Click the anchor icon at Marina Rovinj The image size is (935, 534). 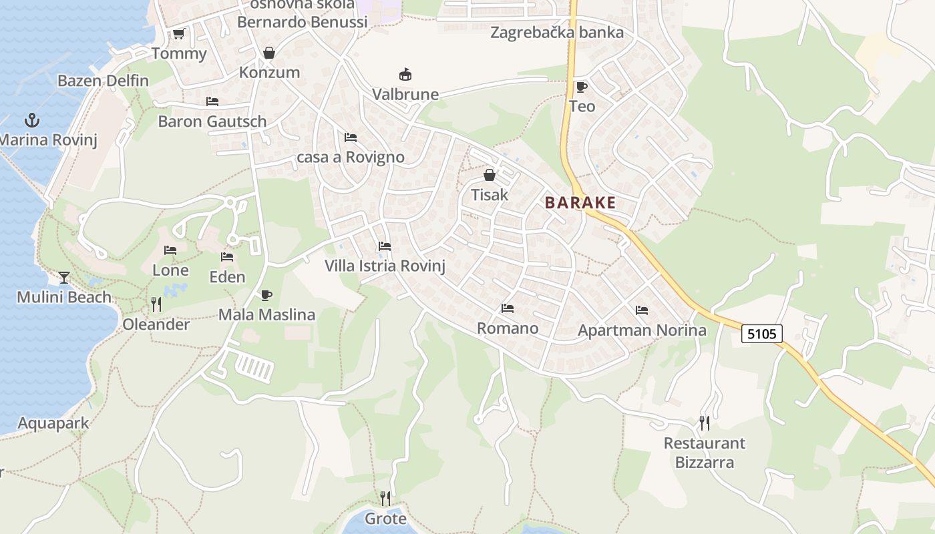[31, 120]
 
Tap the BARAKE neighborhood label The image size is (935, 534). [580, 203]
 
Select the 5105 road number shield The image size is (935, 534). [761, 334]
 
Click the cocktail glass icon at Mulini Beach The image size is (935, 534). [64, 277]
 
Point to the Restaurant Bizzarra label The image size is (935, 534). [705, 453]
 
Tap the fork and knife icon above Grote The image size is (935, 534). [385, 498]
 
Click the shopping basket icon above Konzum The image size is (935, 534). [269, 53]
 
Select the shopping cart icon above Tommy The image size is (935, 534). [178, 33]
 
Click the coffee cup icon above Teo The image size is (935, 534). [582, 87]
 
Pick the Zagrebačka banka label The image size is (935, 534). [557, 33]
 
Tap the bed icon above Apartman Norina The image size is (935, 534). [642, 310]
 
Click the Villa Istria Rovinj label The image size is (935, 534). [385, 266]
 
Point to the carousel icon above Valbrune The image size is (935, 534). [405, 74]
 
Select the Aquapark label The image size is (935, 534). [53, 423]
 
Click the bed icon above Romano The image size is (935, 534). [508, 308]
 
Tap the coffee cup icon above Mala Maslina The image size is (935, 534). [266, 295]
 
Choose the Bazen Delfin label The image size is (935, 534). [104, 81]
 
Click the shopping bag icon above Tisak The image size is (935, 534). [490, 175]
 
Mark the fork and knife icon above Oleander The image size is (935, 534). [156, 304]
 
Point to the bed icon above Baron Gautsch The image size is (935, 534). [212, 101]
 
